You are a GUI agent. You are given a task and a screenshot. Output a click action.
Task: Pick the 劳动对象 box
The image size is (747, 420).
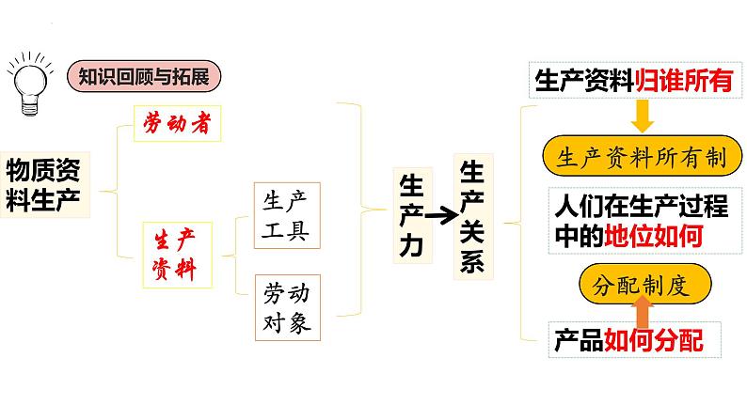[x=285, y=309]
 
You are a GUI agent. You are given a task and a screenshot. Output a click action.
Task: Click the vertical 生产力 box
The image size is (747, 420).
[x=409, y=215]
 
